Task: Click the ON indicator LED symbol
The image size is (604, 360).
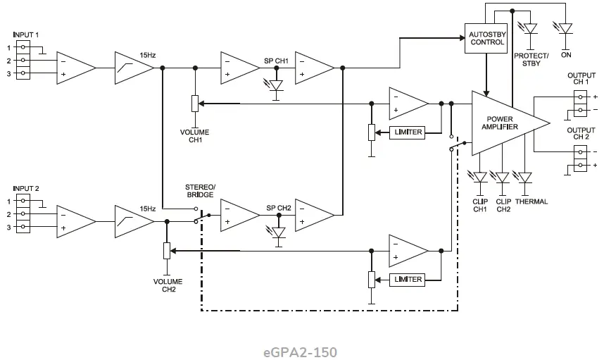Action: [565, 29]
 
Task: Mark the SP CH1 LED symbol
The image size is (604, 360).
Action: [277, 86]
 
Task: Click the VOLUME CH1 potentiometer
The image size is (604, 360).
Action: [195, 104]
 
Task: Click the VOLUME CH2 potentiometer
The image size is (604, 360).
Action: [167, 251]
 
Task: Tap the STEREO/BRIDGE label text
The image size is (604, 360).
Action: [201, 191]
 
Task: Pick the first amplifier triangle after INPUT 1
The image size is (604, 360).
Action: [75, 67]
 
